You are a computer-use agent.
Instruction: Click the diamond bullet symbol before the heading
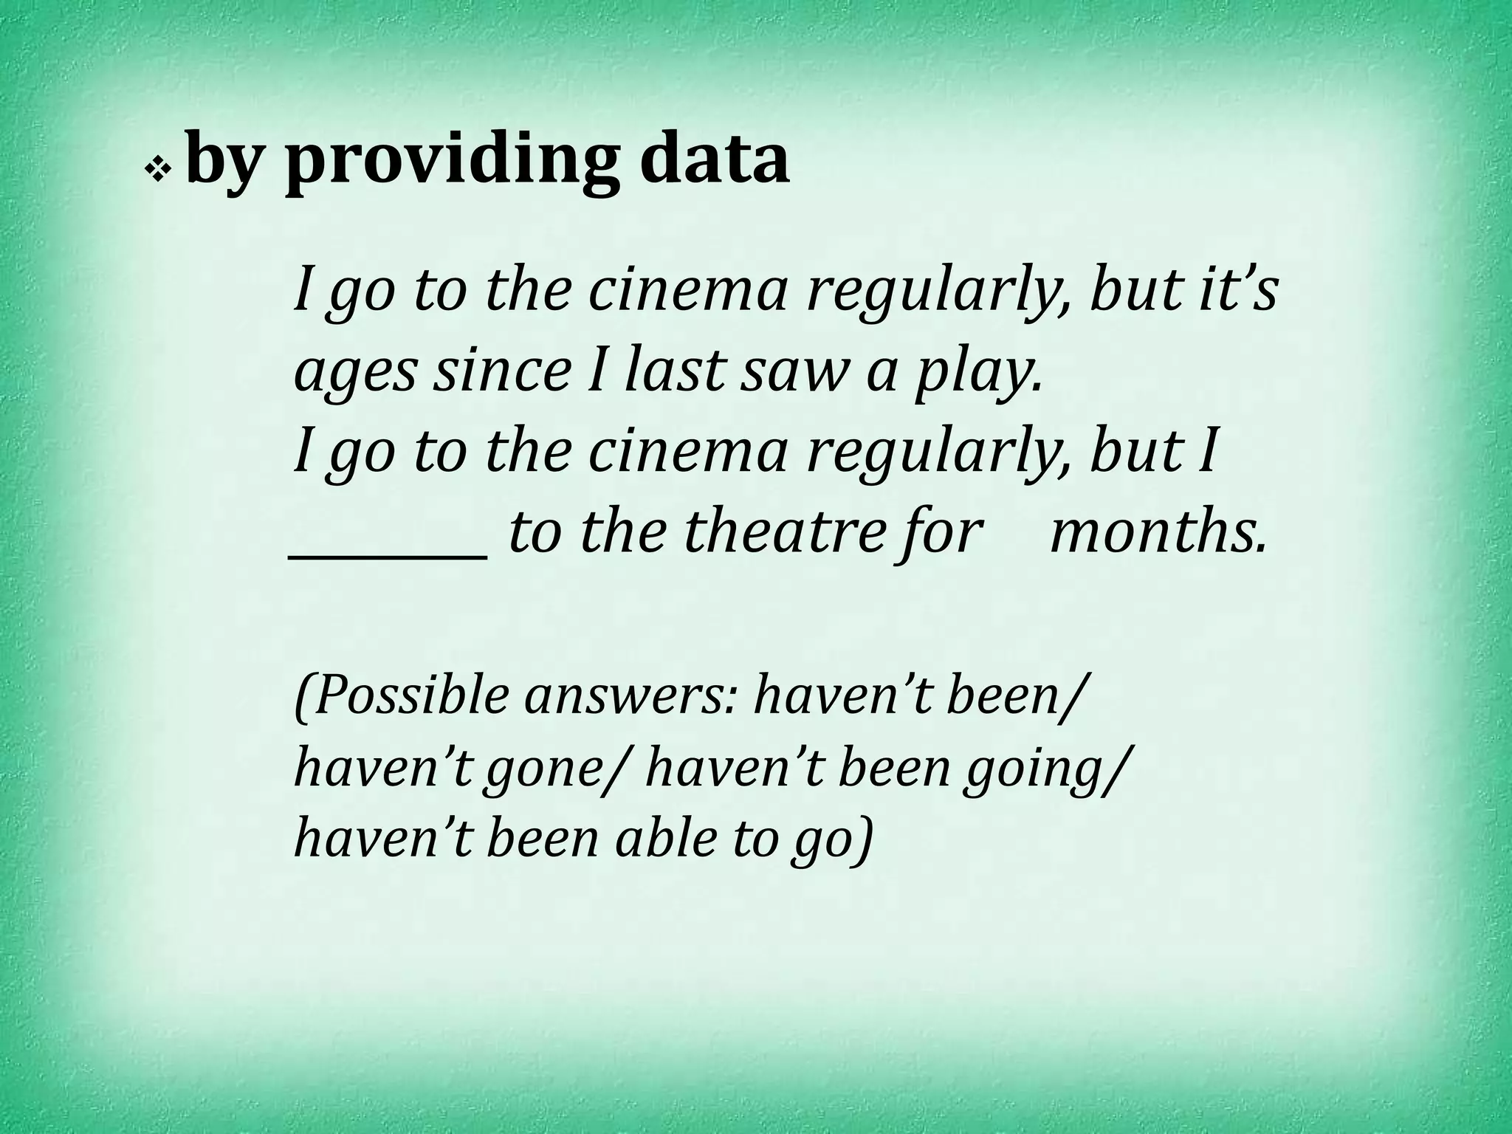(157, 171)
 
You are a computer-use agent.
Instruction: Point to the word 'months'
(1158, 532)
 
